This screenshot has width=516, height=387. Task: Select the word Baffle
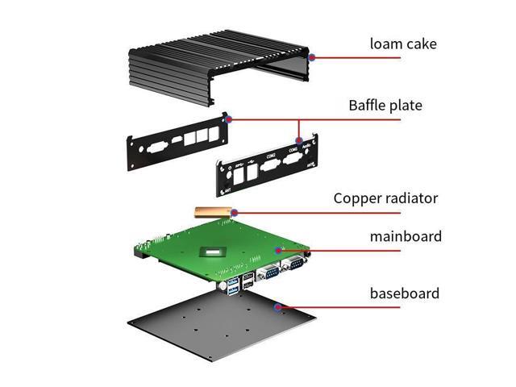370,105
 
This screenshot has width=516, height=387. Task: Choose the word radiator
412,198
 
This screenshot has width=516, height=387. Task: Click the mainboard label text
406,237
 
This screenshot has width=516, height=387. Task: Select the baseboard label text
405,293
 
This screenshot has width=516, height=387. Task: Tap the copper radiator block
212,211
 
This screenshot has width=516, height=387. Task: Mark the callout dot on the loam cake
311,56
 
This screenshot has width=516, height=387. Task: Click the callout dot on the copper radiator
233,212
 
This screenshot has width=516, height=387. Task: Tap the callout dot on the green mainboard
279,250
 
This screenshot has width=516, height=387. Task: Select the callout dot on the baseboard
279,306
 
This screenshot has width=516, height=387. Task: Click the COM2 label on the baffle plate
271,154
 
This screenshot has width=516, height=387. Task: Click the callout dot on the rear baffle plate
230,119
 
